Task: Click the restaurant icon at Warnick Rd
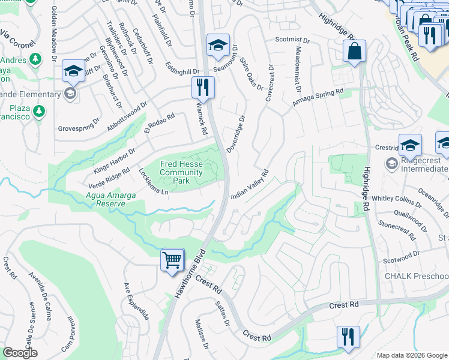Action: (203, 87)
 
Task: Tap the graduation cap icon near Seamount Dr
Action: (218, 44)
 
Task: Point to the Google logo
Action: (20, 353)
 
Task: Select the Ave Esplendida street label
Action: (136, 302)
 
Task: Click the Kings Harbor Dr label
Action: (114, 157)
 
